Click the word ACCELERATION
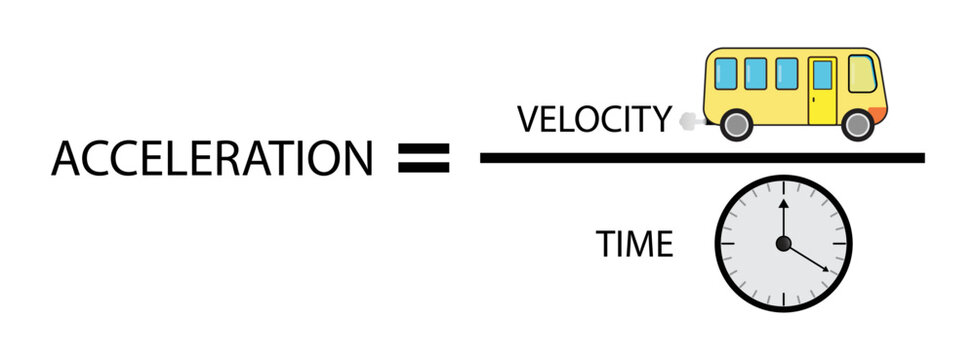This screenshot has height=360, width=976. [x=212, y=158]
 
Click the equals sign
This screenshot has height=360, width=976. [x=424, y=158]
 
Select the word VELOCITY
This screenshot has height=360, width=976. [x=594, y=119]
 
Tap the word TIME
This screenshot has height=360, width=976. [x=635, y=244]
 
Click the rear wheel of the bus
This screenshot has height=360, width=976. [x=735, y=124]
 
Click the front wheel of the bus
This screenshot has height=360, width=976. [x=857, y=124]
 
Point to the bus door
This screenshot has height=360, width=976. [x=822, y=90]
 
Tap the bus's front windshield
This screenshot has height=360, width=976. [x=862, y=75]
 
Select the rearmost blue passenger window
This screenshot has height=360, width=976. [x=726, y=73]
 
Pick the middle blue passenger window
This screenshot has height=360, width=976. [x=756, y=73]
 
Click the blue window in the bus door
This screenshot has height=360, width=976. [x=822, y=76]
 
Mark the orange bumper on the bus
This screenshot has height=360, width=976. [x=879, y=113]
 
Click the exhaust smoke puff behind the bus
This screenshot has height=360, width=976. [x=687, y=122]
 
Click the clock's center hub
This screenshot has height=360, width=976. [x=783, y=243]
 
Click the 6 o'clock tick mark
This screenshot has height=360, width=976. [x=783, y=300]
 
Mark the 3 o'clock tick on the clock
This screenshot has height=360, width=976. [x=841, y=243]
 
